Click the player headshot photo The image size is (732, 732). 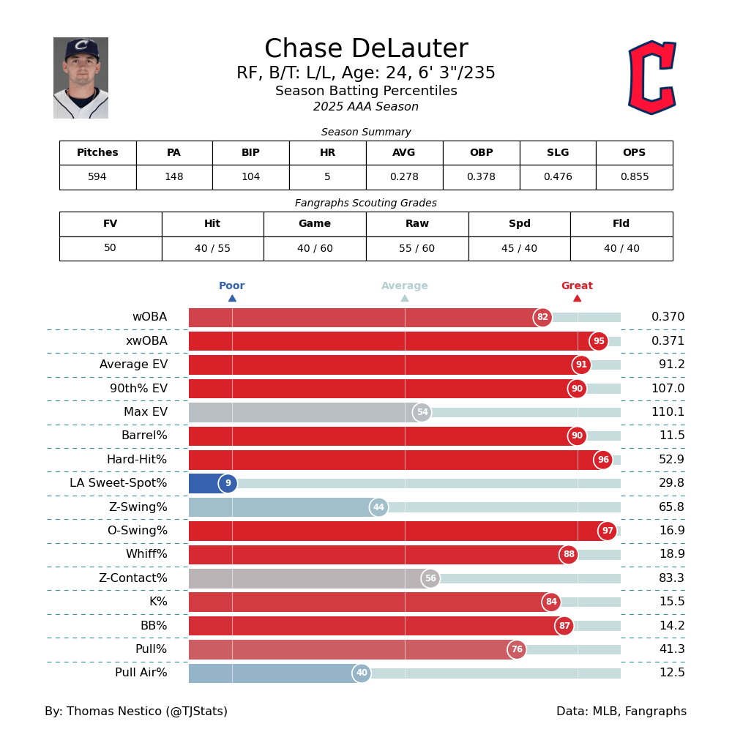pos(81,78)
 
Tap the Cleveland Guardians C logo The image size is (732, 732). pos(651,78)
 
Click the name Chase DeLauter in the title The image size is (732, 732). pos(366,49)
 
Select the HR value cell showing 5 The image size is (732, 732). pos(327,177)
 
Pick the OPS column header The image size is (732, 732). pos(634,153)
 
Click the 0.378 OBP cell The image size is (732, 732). pos(481,177)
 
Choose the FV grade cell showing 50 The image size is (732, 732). pos(110,248)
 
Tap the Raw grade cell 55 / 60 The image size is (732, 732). pos(417,248)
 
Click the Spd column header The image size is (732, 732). pos(519,224)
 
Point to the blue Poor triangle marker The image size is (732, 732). pos(232,298)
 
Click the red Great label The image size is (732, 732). pos(577,286)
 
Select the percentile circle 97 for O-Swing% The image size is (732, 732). pos(607,531)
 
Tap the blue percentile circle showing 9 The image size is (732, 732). pos(228,483)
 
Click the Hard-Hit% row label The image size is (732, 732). pos(137,460)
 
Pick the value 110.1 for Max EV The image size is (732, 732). pos(668,412)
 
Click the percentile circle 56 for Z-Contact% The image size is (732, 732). pos(430,578)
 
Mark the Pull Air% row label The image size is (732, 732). pos(141,673)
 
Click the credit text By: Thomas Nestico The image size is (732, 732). pos(136,712)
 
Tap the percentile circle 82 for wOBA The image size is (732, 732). pos(542,317)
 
